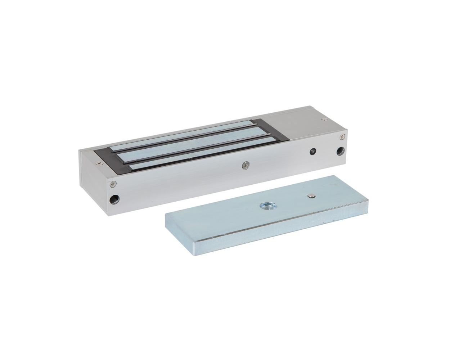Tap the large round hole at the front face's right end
[x=340, y=151]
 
